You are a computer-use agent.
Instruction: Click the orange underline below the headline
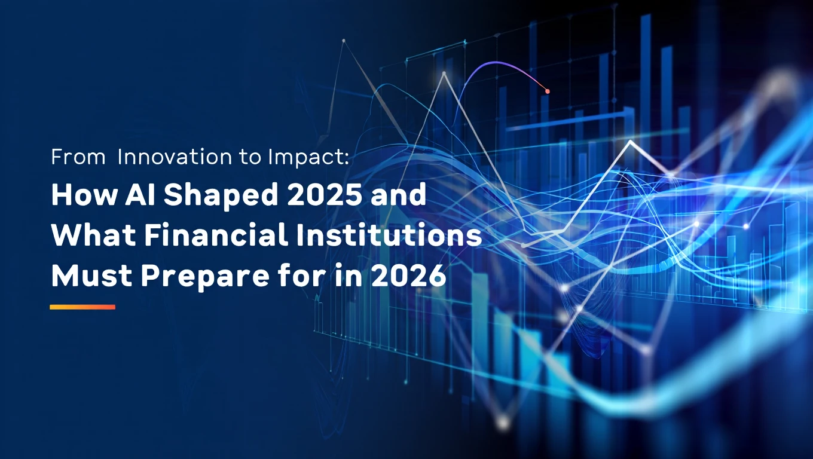(x=82, y=307)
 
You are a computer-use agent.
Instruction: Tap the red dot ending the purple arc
(x=547, y=91)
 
